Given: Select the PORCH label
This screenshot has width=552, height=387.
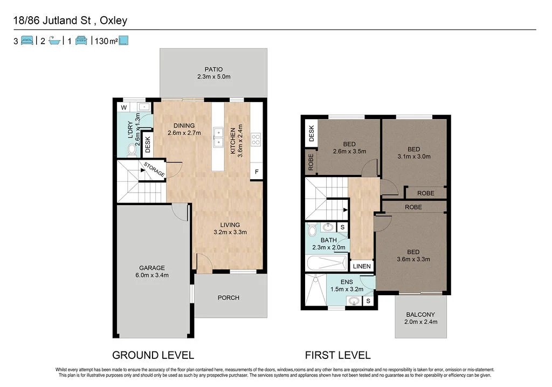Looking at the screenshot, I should (x=228, y=298).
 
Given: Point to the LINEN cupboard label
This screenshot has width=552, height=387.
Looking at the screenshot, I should (x=361, y=266).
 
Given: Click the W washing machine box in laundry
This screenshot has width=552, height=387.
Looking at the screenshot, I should (x=124, y=107).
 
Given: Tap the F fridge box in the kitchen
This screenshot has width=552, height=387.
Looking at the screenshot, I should (x=257, y=172).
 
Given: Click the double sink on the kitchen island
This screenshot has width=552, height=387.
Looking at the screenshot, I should (x=218, y=137).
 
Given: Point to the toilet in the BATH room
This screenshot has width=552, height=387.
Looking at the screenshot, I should (x=312, y=231).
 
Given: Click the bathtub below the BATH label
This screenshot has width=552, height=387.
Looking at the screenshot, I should (x=326, y=264).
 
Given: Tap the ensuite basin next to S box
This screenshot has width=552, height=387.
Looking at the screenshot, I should (x=353, y=301).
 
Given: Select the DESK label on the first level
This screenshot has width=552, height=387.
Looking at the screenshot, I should (x=311, y=133).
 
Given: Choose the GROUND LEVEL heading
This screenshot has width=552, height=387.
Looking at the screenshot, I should (x=153, y=355).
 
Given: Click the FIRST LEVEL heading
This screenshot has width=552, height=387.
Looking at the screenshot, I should (x=337, y=355).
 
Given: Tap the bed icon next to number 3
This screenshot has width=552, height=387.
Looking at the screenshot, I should (x=27, y=40).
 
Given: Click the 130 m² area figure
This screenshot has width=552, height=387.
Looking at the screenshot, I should (x=106, y=40).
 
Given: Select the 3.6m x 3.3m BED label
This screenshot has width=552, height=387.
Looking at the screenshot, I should (x=413, y=255).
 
